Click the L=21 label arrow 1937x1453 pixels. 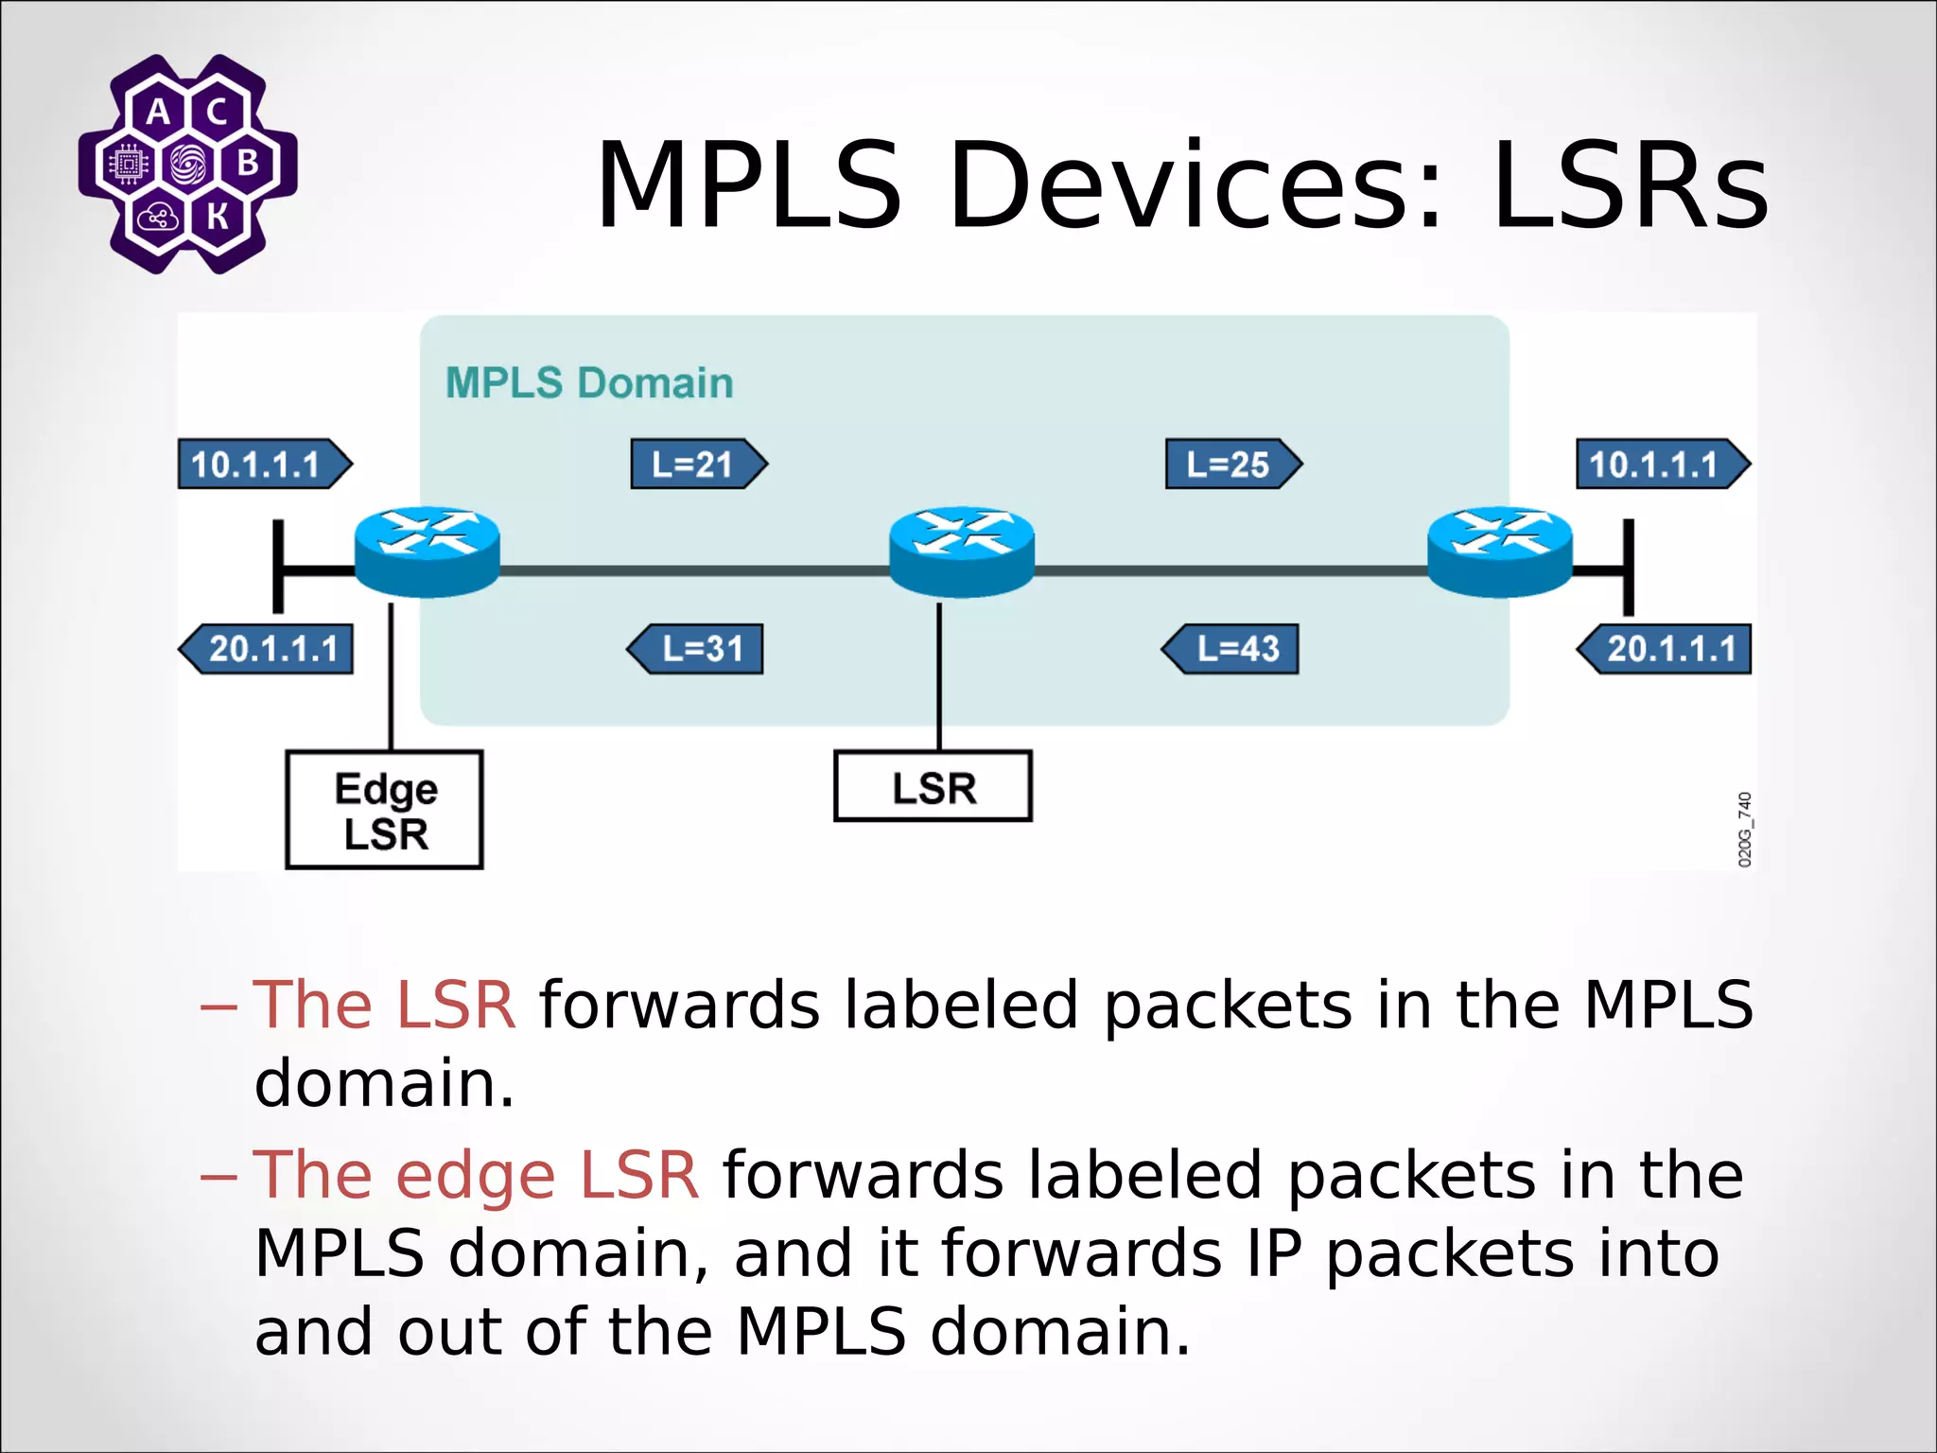698,464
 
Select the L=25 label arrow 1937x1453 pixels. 1232,464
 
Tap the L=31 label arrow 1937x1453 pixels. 695,649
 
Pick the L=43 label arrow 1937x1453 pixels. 1230,649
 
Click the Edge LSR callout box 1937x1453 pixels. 385,810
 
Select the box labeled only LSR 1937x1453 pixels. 933,787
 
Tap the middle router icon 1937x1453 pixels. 962,551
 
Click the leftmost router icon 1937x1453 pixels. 427,551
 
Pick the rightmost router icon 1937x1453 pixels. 1499,551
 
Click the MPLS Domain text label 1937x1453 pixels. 589,383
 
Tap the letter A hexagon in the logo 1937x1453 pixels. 158,113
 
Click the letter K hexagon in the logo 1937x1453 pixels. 218,217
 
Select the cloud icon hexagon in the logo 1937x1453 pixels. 156,218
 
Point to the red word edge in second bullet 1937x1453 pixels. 476,1176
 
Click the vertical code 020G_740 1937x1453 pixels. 1745,830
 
